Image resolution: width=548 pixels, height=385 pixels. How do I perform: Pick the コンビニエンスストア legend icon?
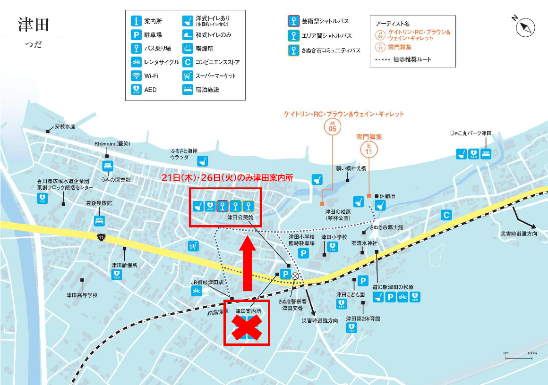coord(188,62)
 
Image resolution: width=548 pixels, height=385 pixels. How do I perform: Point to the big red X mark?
coord(246,327)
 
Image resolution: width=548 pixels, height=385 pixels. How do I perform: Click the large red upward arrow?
coord(247,264)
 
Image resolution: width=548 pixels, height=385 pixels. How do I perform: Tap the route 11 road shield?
coord(101,237)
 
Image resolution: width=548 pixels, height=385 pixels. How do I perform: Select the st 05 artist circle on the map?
coord(333,126)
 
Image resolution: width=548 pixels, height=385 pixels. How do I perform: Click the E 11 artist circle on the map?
coord(369,150)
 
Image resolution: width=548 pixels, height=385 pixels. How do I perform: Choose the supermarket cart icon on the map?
coord(193,246)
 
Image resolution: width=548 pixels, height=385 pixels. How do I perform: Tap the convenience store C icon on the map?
coord(445,215)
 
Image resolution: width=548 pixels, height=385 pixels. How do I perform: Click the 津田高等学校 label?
coord(82,295)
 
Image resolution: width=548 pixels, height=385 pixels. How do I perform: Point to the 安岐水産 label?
coord(65,127)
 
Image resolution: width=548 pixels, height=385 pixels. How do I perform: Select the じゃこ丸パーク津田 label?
coord(471,134)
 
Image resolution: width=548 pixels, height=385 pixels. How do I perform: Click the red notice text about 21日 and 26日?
coord(227,178)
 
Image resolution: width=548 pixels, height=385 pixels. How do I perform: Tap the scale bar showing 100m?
coord(519,357)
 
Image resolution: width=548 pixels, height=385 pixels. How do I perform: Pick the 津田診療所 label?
coord(124,265)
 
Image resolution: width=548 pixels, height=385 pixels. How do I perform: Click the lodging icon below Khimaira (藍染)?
coord(108,166)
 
